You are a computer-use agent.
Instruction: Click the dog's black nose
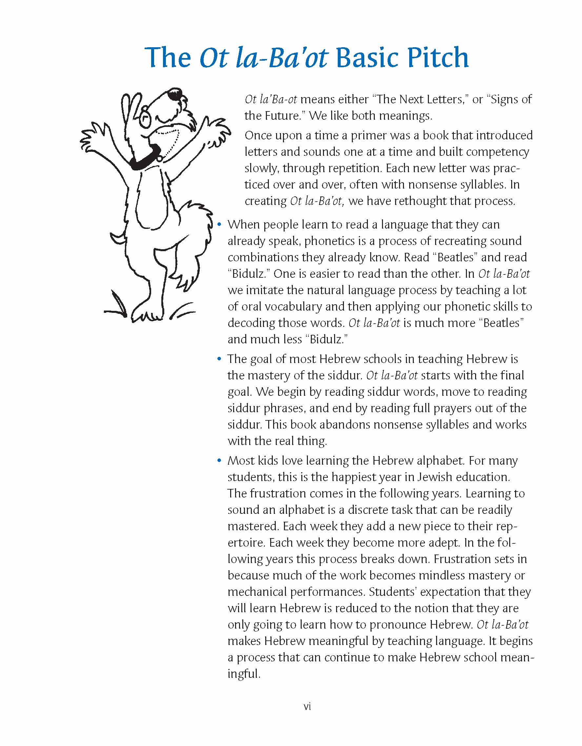(176, 93)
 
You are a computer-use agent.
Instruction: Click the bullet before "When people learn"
(219, 224)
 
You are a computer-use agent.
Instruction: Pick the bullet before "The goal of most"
(219, 359)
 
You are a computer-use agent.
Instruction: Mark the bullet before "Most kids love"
(219, 460)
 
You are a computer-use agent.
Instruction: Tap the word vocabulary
(287, 306)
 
